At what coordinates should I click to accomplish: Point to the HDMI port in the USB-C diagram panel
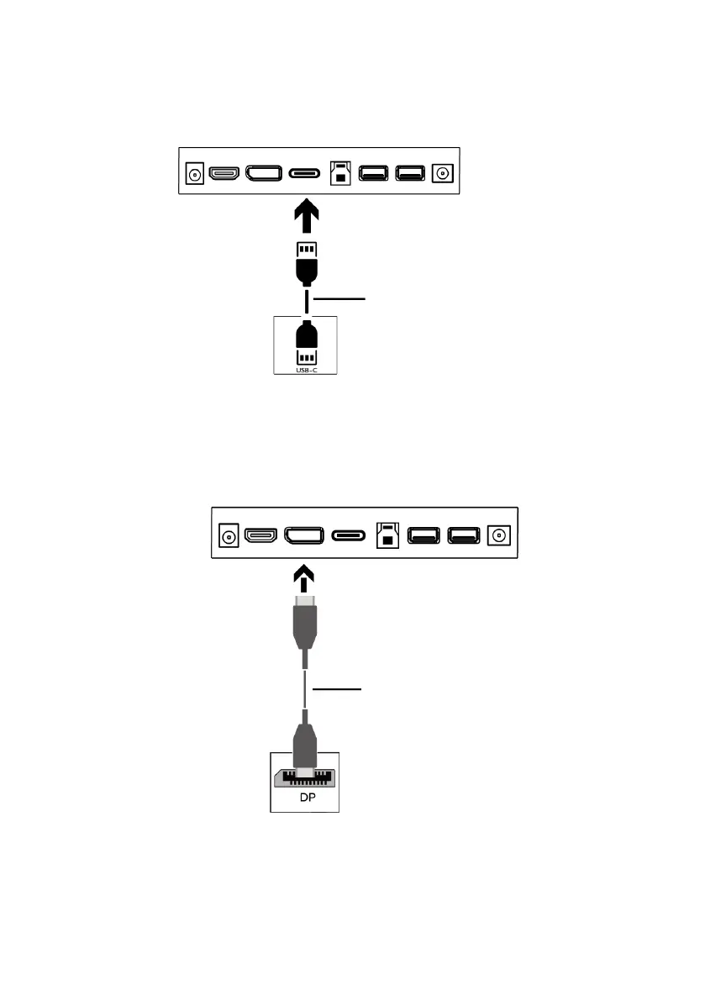click(x=224, y=173)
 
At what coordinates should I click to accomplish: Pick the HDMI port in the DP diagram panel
click(x=260, y=535)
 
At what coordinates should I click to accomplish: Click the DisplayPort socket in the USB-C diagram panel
click(x=263, y=173)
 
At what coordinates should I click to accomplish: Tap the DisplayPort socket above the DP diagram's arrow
click(x=304, y=535)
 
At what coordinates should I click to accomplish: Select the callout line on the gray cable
click(x=338, y=688)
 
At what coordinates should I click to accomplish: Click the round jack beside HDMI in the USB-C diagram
click(x=195, y=174)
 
